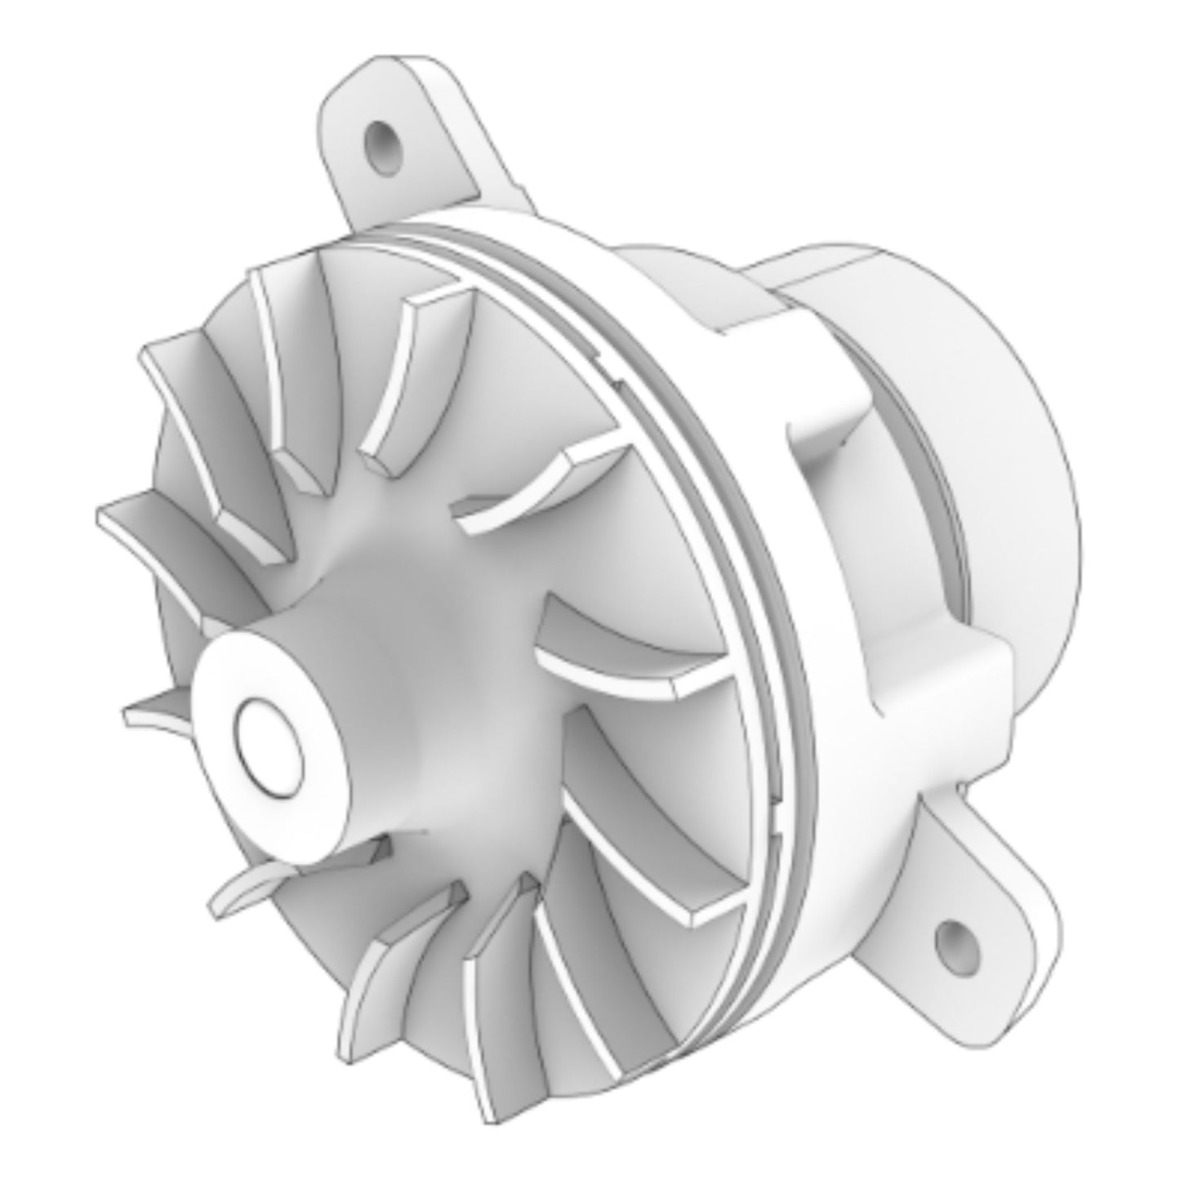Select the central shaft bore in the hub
click(x=269, y=746)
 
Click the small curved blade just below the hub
click(x=245, y=890)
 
